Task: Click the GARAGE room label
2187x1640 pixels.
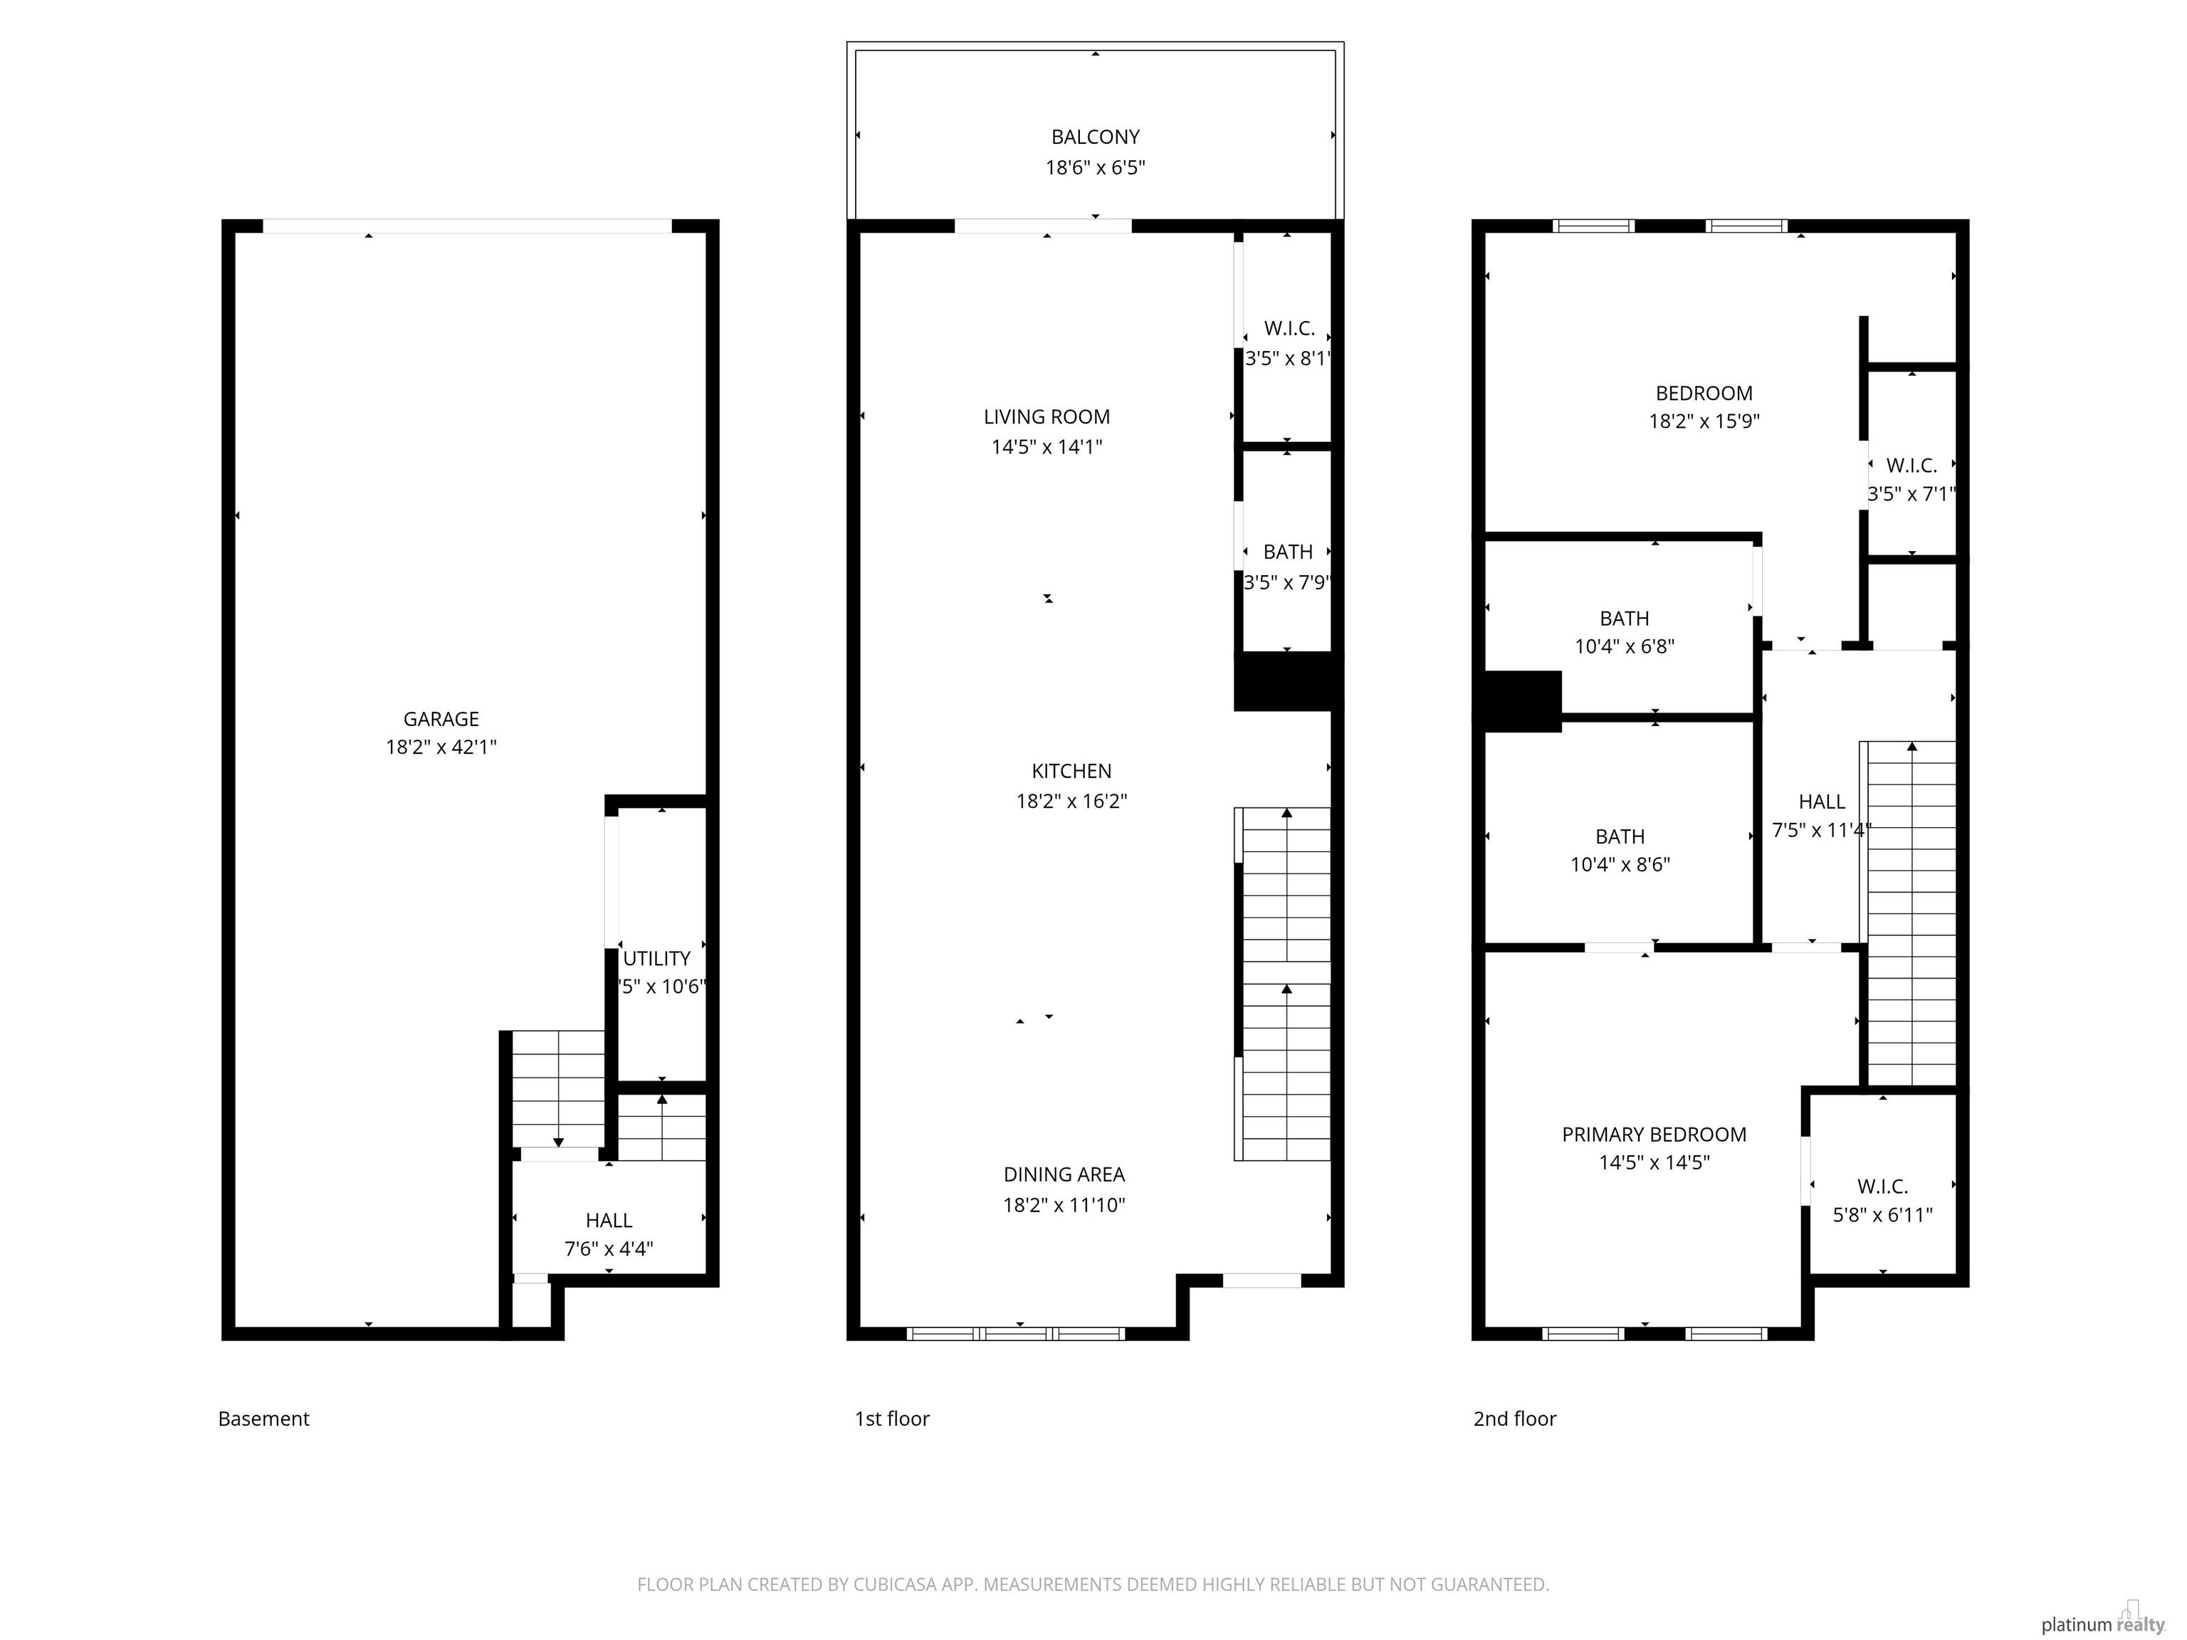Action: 441,719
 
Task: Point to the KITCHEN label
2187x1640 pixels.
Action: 1071,771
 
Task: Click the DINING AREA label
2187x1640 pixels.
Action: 1064,1174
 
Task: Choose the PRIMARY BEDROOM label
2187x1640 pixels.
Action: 1654,1135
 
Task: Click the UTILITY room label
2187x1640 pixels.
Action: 656,959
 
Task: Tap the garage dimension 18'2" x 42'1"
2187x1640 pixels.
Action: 441,747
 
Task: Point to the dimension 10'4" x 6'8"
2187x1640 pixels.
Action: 1625,646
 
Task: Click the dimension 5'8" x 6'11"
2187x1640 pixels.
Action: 1882,1215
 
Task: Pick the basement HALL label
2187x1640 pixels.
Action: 609,1221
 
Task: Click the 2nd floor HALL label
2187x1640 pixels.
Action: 1821,801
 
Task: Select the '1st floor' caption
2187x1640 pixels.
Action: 892,1419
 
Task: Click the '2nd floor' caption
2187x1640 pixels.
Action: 1515,1419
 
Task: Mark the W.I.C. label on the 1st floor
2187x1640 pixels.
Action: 1289,329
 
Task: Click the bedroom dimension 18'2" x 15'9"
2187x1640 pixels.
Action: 1704,421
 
